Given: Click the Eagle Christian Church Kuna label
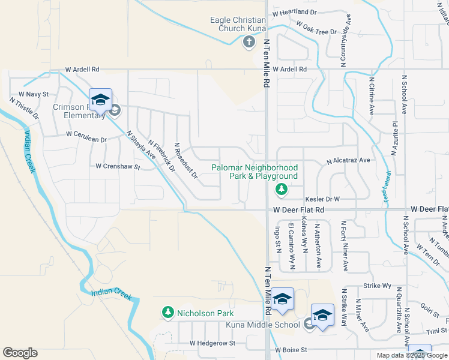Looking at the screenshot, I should click(237, 24).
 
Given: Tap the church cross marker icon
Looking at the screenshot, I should click(249, 41).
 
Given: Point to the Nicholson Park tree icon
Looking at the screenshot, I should click(167, 313).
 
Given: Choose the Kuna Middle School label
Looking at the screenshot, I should click(263, 325).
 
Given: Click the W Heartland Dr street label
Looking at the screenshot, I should click(294, 12).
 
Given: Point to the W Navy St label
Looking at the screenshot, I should click(33, 94).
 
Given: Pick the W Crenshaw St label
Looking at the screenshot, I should click(118, 166).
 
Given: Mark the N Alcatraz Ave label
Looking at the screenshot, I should click(348, 161).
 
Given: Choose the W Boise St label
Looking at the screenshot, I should click(291, 349).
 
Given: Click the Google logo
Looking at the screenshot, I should click(20, 353).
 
